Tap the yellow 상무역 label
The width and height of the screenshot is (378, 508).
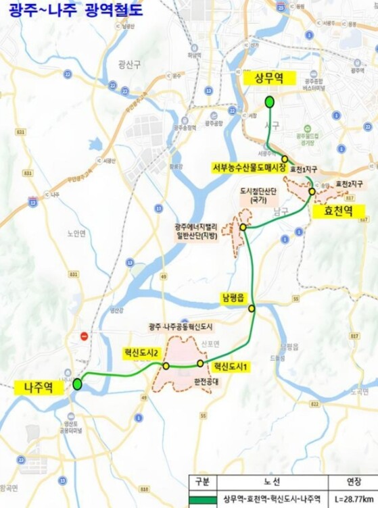[x=268, y=78]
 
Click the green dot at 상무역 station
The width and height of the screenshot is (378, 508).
[x=269, y=102]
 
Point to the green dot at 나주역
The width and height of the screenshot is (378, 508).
[x=77, y=384]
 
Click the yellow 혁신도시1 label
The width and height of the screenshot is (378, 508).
[x=231, y=366]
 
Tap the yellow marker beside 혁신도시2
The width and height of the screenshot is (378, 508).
[x=166, y=365]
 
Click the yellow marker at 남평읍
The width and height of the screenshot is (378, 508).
[x=252, y=308]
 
